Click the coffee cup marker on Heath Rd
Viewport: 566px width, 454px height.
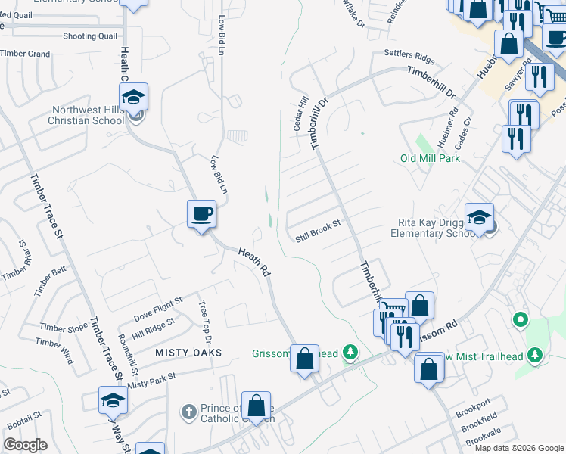202,214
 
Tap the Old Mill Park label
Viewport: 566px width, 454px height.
431,158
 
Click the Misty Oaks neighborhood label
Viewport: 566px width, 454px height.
188,353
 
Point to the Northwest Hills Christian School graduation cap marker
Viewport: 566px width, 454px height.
134,98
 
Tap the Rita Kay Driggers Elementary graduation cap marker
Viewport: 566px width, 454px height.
479,218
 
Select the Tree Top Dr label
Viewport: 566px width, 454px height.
203,316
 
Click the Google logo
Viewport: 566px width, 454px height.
25,445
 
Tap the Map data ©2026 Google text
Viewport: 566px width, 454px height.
518,448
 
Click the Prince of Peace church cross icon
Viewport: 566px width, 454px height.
189,412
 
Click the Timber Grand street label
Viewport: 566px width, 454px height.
25,54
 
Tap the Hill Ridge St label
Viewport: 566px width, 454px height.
153,323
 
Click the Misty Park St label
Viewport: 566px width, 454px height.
151,380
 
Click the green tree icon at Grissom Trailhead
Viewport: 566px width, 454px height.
350,351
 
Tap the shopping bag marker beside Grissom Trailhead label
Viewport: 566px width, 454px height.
304,359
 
